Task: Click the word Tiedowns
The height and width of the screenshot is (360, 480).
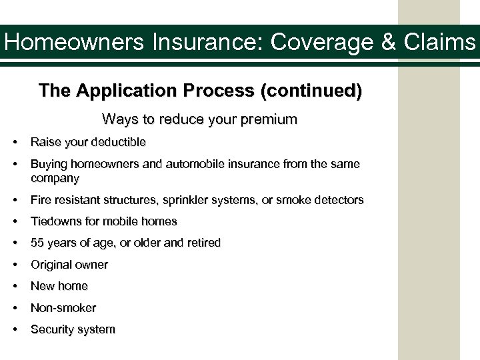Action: coord(56,221)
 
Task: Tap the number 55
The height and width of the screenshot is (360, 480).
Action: coord(37,243)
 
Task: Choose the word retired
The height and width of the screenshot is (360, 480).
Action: coord(201,243)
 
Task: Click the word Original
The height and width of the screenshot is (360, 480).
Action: coord(51,265)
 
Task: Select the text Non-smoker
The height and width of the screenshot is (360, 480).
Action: coord(63,308)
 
